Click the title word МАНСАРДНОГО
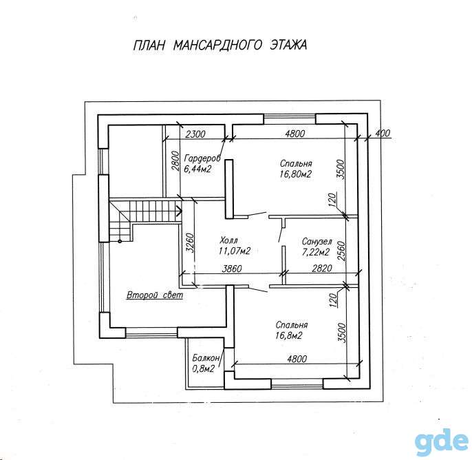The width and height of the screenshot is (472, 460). coord(217,45)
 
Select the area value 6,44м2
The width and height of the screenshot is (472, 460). coord(197,169)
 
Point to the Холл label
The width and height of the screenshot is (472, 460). coord(228,240)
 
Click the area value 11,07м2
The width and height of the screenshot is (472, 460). coord(235,251)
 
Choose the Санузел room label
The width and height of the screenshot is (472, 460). coord(317,242)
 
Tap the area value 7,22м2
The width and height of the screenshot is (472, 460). coord(316,252)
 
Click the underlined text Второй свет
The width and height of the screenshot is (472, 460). coord(155,295)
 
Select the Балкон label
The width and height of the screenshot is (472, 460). coord(206,358)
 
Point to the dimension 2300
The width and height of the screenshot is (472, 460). coord(195,134)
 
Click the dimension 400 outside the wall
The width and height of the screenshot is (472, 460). coord(383,133)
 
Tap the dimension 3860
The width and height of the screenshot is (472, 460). coord(231,269)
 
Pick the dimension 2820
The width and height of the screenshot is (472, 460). coord(322,269)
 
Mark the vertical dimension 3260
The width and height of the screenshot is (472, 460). coord(189,242)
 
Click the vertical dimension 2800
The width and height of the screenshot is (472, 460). coord(176,161)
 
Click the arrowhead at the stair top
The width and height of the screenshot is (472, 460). coord(179,211)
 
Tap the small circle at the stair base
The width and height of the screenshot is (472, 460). coord(120,241)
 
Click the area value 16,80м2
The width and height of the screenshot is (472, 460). coord(296,174)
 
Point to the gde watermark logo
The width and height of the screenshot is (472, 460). coord(441,442)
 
